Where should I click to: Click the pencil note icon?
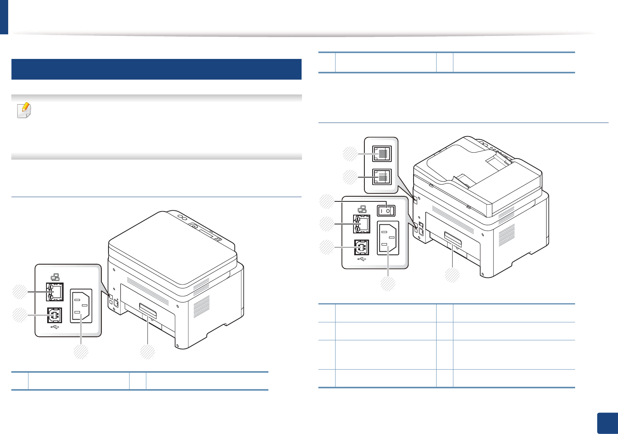(24, 110)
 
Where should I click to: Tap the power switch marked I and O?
(385, 211)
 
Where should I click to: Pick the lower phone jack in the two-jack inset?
(382, 177)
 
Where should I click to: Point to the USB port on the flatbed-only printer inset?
(55, 315)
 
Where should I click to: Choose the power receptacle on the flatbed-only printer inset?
(81, 306)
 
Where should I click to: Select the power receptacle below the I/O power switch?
(388, 238)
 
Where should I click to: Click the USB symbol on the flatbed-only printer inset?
(55, 327)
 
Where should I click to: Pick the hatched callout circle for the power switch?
(327, 201)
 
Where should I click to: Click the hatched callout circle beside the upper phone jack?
(350, 154)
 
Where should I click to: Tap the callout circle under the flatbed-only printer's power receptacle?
(81, 352)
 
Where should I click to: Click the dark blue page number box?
(607, 423)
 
